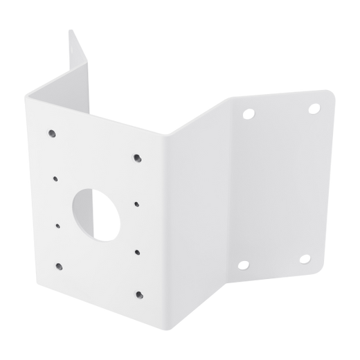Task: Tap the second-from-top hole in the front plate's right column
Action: pyautogui.click(x=138, y=204)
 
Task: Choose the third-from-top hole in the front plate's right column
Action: pyautogui.click(x=138, y=252)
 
